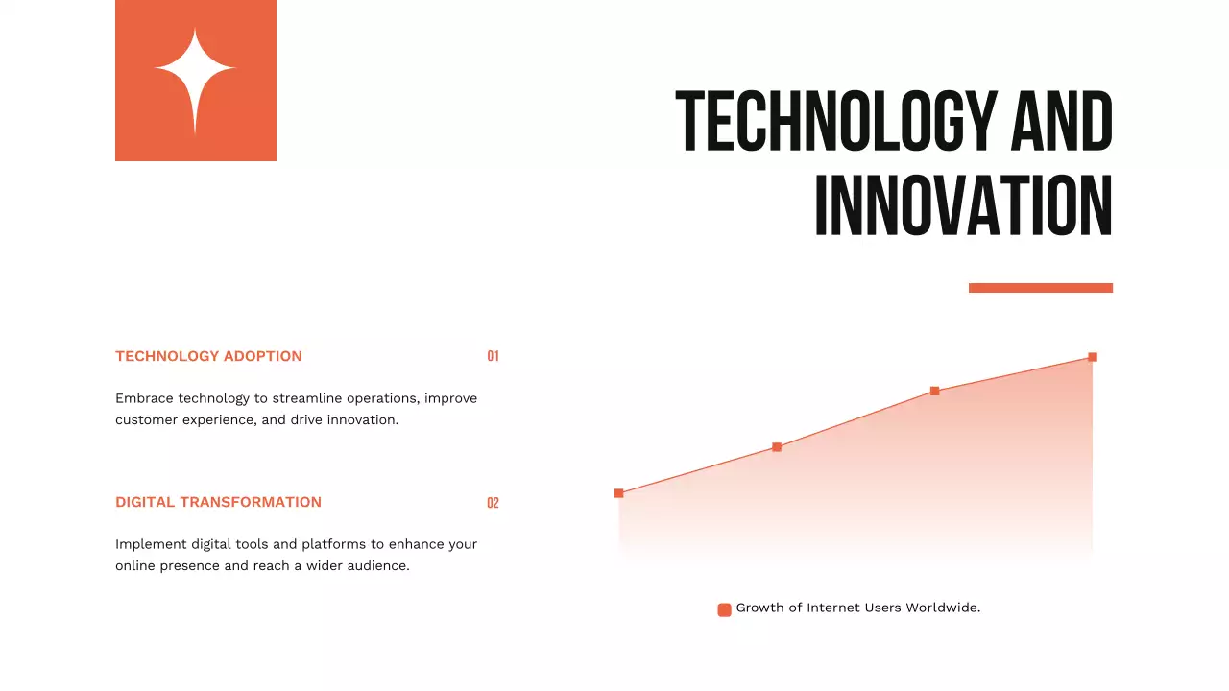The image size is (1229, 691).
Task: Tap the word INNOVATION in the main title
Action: (x=963, y=206)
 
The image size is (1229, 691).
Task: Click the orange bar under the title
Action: (x=1040, y=288)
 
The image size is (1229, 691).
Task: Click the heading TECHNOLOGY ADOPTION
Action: (x=208, y=356)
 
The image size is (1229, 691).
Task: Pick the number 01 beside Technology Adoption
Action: (x=493, y=356)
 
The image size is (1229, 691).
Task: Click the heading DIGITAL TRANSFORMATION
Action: (x=218, y=502)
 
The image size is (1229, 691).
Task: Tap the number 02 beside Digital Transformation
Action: (x=493, y=503)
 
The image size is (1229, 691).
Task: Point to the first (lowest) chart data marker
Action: (x=618, y=493)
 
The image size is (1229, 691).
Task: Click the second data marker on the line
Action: (x=777, y=447)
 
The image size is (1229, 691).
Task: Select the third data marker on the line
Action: (x=934, y=391)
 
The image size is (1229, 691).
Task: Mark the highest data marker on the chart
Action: (x=1093, y=357)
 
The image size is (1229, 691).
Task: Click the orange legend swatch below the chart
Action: (x=724, y=609)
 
